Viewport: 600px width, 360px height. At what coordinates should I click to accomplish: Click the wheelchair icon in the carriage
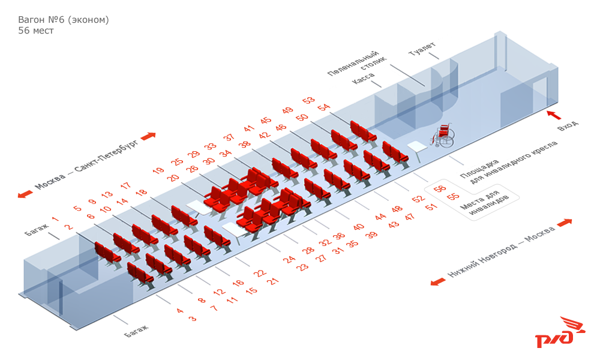(443, 135)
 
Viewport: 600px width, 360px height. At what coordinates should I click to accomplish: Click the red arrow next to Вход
(554, 115)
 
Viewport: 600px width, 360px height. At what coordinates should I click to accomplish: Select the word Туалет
(422, 49)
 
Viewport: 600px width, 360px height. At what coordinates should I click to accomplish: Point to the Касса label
(363, 78)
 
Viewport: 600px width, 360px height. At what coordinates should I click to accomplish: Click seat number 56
(440, 188)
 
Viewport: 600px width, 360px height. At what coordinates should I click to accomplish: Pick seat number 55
(453, 196)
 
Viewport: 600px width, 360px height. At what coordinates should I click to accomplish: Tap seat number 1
(55, 219)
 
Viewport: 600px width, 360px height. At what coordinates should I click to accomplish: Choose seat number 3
(193, 318)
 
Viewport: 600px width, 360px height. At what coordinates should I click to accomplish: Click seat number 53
(308, 100)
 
